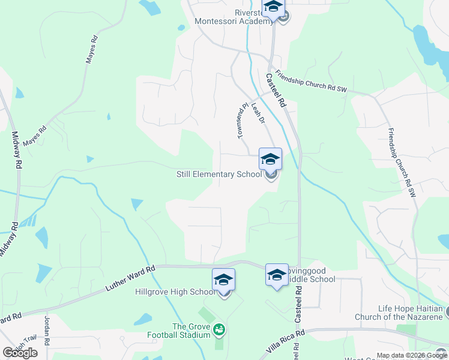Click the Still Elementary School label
tap(218, 175)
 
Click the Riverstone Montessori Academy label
tap(234, 17)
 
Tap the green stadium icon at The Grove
tap(218, 329)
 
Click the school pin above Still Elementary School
tap(270, 159)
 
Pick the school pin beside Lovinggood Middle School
tap(276, 275)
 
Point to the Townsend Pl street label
tap(242, 121)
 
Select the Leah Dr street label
tap(258, 112)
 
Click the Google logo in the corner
tap(20, 353)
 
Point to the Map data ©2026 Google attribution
tap(412, 355)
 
